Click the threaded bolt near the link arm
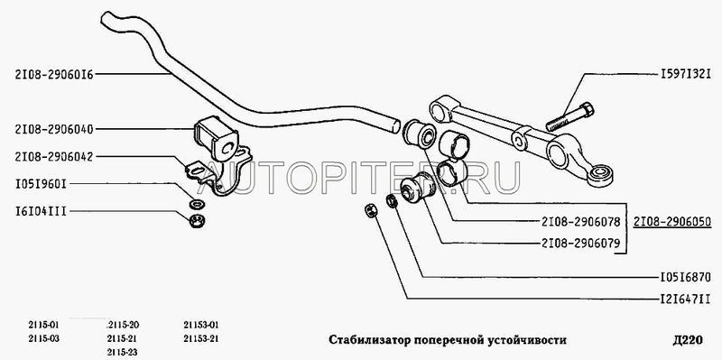point(570,117)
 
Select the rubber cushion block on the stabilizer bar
point(216,138)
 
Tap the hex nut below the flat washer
point(198,221)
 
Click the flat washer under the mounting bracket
point(198,203)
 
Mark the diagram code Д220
point(687,340)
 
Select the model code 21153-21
point(200,339)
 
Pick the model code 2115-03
point(43,339)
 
